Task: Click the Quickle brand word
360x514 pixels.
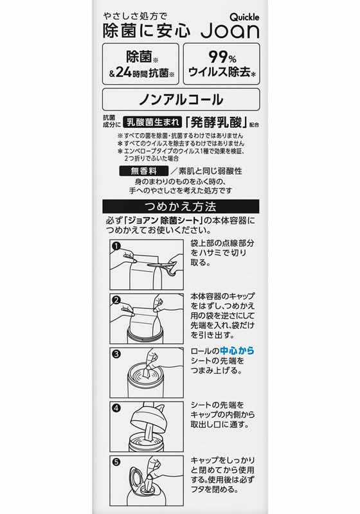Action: (x=244, y=17)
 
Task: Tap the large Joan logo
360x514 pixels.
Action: (x=230, y=31)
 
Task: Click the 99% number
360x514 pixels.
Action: (x=222, y=57)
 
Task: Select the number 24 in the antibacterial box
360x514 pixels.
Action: (x=123, y=72)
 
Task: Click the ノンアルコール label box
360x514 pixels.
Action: (x=181, y=100)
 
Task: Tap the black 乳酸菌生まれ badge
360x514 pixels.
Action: (x=152, y=122)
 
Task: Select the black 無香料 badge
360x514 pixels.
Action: (x=143, y=171)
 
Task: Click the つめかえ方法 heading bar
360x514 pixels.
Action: (x=181, y=206)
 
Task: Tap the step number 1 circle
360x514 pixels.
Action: (x=116, y=246)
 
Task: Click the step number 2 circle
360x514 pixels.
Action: (x=116, y=300)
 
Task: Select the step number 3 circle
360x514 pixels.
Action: (x=116, y=354)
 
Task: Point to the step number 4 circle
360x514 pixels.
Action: (x=116, y=408)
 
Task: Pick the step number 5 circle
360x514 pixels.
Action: (x=116, y=462)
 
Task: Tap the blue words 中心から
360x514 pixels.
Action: (x=237, y=351)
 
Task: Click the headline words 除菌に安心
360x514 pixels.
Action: (x=146, y=31)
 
